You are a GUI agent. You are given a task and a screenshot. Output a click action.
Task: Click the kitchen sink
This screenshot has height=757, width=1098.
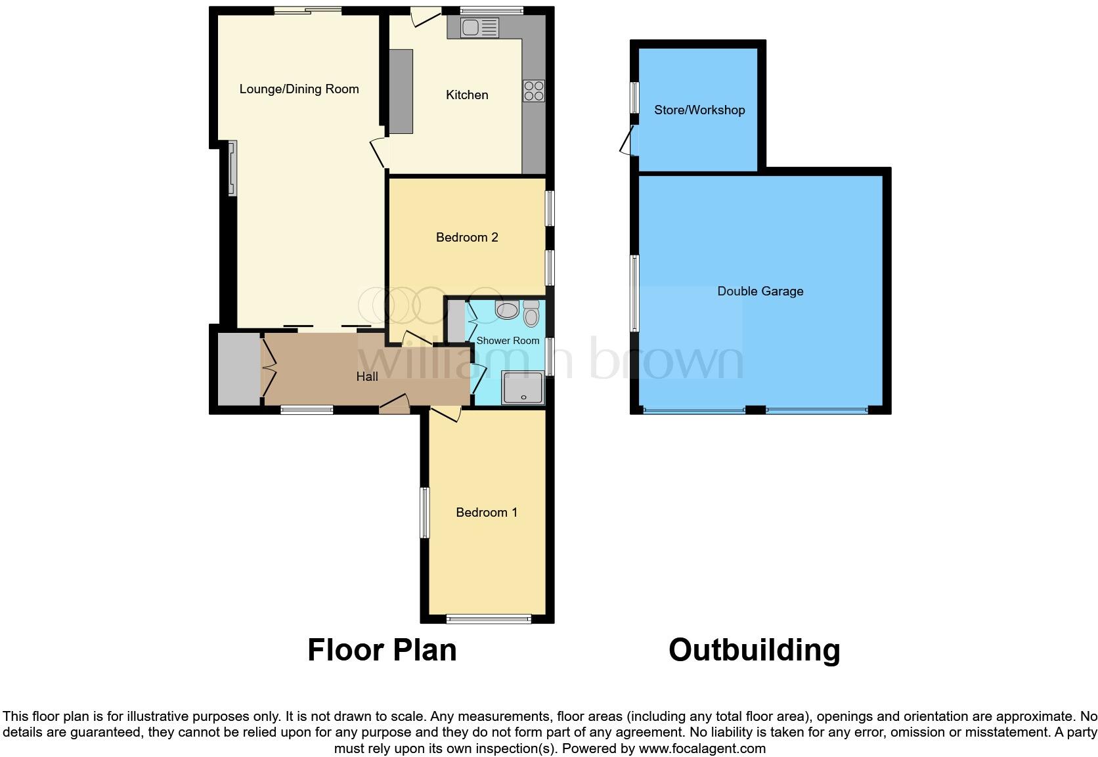coord(479,28)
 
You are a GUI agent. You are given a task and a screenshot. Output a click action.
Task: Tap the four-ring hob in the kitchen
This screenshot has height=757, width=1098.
coord(533,91)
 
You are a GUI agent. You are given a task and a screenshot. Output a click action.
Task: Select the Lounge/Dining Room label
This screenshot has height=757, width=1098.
coord(299,89)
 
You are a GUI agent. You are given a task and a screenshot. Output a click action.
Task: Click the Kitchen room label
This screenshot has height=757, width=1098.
coord(467,95)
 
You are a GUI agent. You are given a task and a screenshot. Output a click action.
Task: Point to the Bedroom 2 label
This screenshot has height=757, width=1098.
coord(467,238)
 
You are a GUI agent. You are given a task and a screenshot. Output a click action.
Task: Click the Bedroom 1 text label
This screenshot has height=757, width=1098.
coord(487,513)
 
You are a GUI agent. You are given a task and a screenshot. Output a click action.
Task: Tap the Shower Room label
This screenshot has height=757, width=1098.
coord(508,341)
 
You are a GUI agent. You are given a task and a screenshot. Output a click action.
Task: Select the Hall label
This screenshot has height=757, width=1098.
coord(367,377)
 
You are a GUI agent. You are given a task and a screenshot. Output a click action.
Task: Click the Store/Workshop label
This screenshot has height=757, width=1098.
coord(699,110)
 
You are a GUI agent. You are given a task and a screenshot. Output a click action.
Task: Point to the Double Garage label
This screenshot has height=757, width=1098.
coord(760,292)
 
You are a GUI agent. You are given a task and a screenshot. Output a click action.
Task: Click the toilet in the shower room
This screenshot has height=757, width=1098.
coord(531,314)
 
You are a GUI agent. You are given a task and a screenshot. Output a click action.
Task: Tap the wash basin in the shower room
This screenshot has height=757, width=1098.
coord(507,310)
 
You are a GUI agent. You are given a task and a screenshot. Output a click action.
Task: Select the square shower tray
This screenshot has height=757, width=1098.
coord(523,388)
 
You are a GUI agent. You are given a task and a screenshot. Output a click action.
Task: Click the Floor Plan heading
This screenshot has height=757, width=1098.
coord(382,650)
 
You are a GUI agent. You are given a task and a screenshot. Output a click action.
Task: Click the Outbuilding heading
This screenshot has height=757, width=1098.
coord(754,650)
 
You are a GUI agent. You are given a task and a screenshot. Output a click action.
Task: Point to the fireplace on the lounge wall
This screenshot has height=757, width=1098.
coord(232,169)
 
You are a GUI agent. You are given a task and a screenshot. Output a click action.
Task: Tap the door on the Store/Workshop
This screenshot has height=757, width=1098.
coord(628,140)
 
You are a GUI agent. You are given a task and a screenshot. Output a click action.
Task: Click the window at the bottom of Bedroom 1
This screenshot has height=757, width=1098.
coord(488,618)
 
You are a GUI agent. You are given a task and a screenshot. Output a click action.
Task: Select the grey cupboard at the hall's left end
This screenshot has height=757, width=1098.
coord(238,369)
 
